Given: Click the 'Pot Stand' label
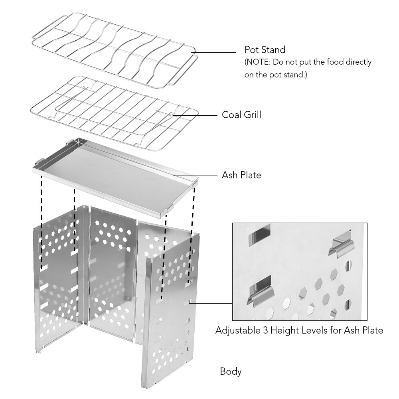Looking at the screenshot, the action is (x=265, y=49).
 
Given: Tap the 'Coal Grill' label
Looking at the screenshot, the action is (x=241, y=115).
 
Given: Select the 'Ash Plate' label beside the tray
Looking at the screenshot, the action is (x=241, y=175).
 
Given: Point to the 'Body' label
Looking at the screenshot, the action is (x=231, y=371).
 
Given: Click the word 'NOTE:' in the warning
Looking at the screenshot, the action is (x=257, y=62).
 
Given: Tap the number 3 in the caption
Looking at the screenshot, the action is (x=265, y=330).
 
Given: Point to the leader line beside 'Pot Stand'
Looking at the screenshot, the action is (x=214, y=52).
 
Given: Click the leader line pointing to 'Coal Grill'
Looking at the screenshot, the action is (x=195, y=115).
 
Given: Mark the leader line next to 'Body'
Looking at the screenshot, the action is (x=193, y=372).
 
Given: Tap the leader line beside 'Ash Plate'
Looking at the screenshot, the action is (x=195, y=176).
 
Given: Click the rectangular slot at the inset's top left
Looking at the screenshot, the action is (x=259, y=235).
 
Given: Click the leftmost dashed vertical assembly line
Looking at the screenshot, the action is (x=42, y=223).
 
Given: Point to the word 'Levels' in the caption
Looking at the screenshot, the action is (x=314, y=330).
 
